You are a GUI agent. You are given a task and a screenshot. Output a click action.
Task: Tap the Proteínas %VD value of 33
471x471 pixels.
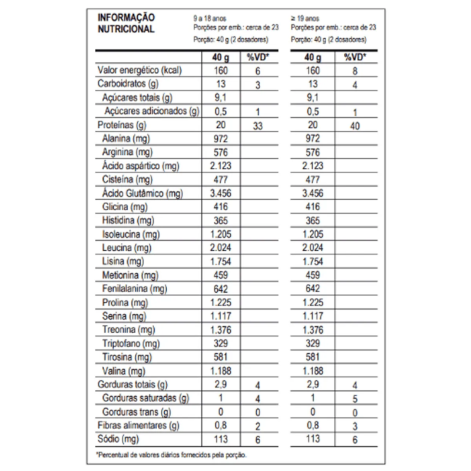[257, 125]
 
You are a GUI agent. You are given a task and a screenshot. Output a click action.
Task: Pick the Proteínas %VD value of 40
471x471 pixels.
[354, 125]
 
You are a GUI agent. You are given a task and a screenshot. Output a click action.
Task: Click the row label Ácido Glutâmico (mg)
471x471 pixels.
[141, 193]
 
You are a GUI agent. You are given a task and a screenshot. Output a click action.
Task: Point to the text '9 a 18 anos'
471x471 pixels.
[209, 18]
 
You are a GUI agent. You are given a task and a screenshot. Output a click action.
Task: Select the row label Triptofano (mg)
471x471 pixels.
[131, 344]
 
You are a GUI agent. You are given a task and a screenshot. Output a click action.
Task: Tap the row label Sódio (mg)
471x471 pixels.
[120, 439]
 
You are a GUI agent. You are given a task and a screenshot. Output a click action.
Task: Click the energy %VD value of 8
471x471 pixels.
[354, 71]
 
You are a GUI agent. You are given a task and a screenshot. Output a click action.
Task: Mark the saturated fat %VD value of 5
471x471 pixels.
[354, 399]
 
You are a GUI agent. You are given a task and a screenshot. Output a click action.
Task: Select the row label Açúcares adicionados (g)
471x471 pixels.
[152, 111]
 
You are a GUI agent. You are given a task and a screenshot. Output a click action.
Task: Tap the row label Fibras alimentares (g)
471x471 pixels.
[138, 426]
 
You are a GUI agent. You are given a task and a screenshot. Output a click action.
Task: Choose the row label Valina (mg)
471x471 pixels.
[123, 371]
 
